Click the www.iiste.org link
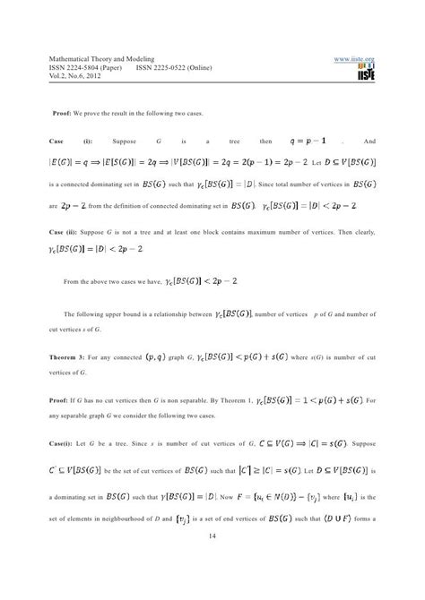pyautogui.click(x=353, y=59)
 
